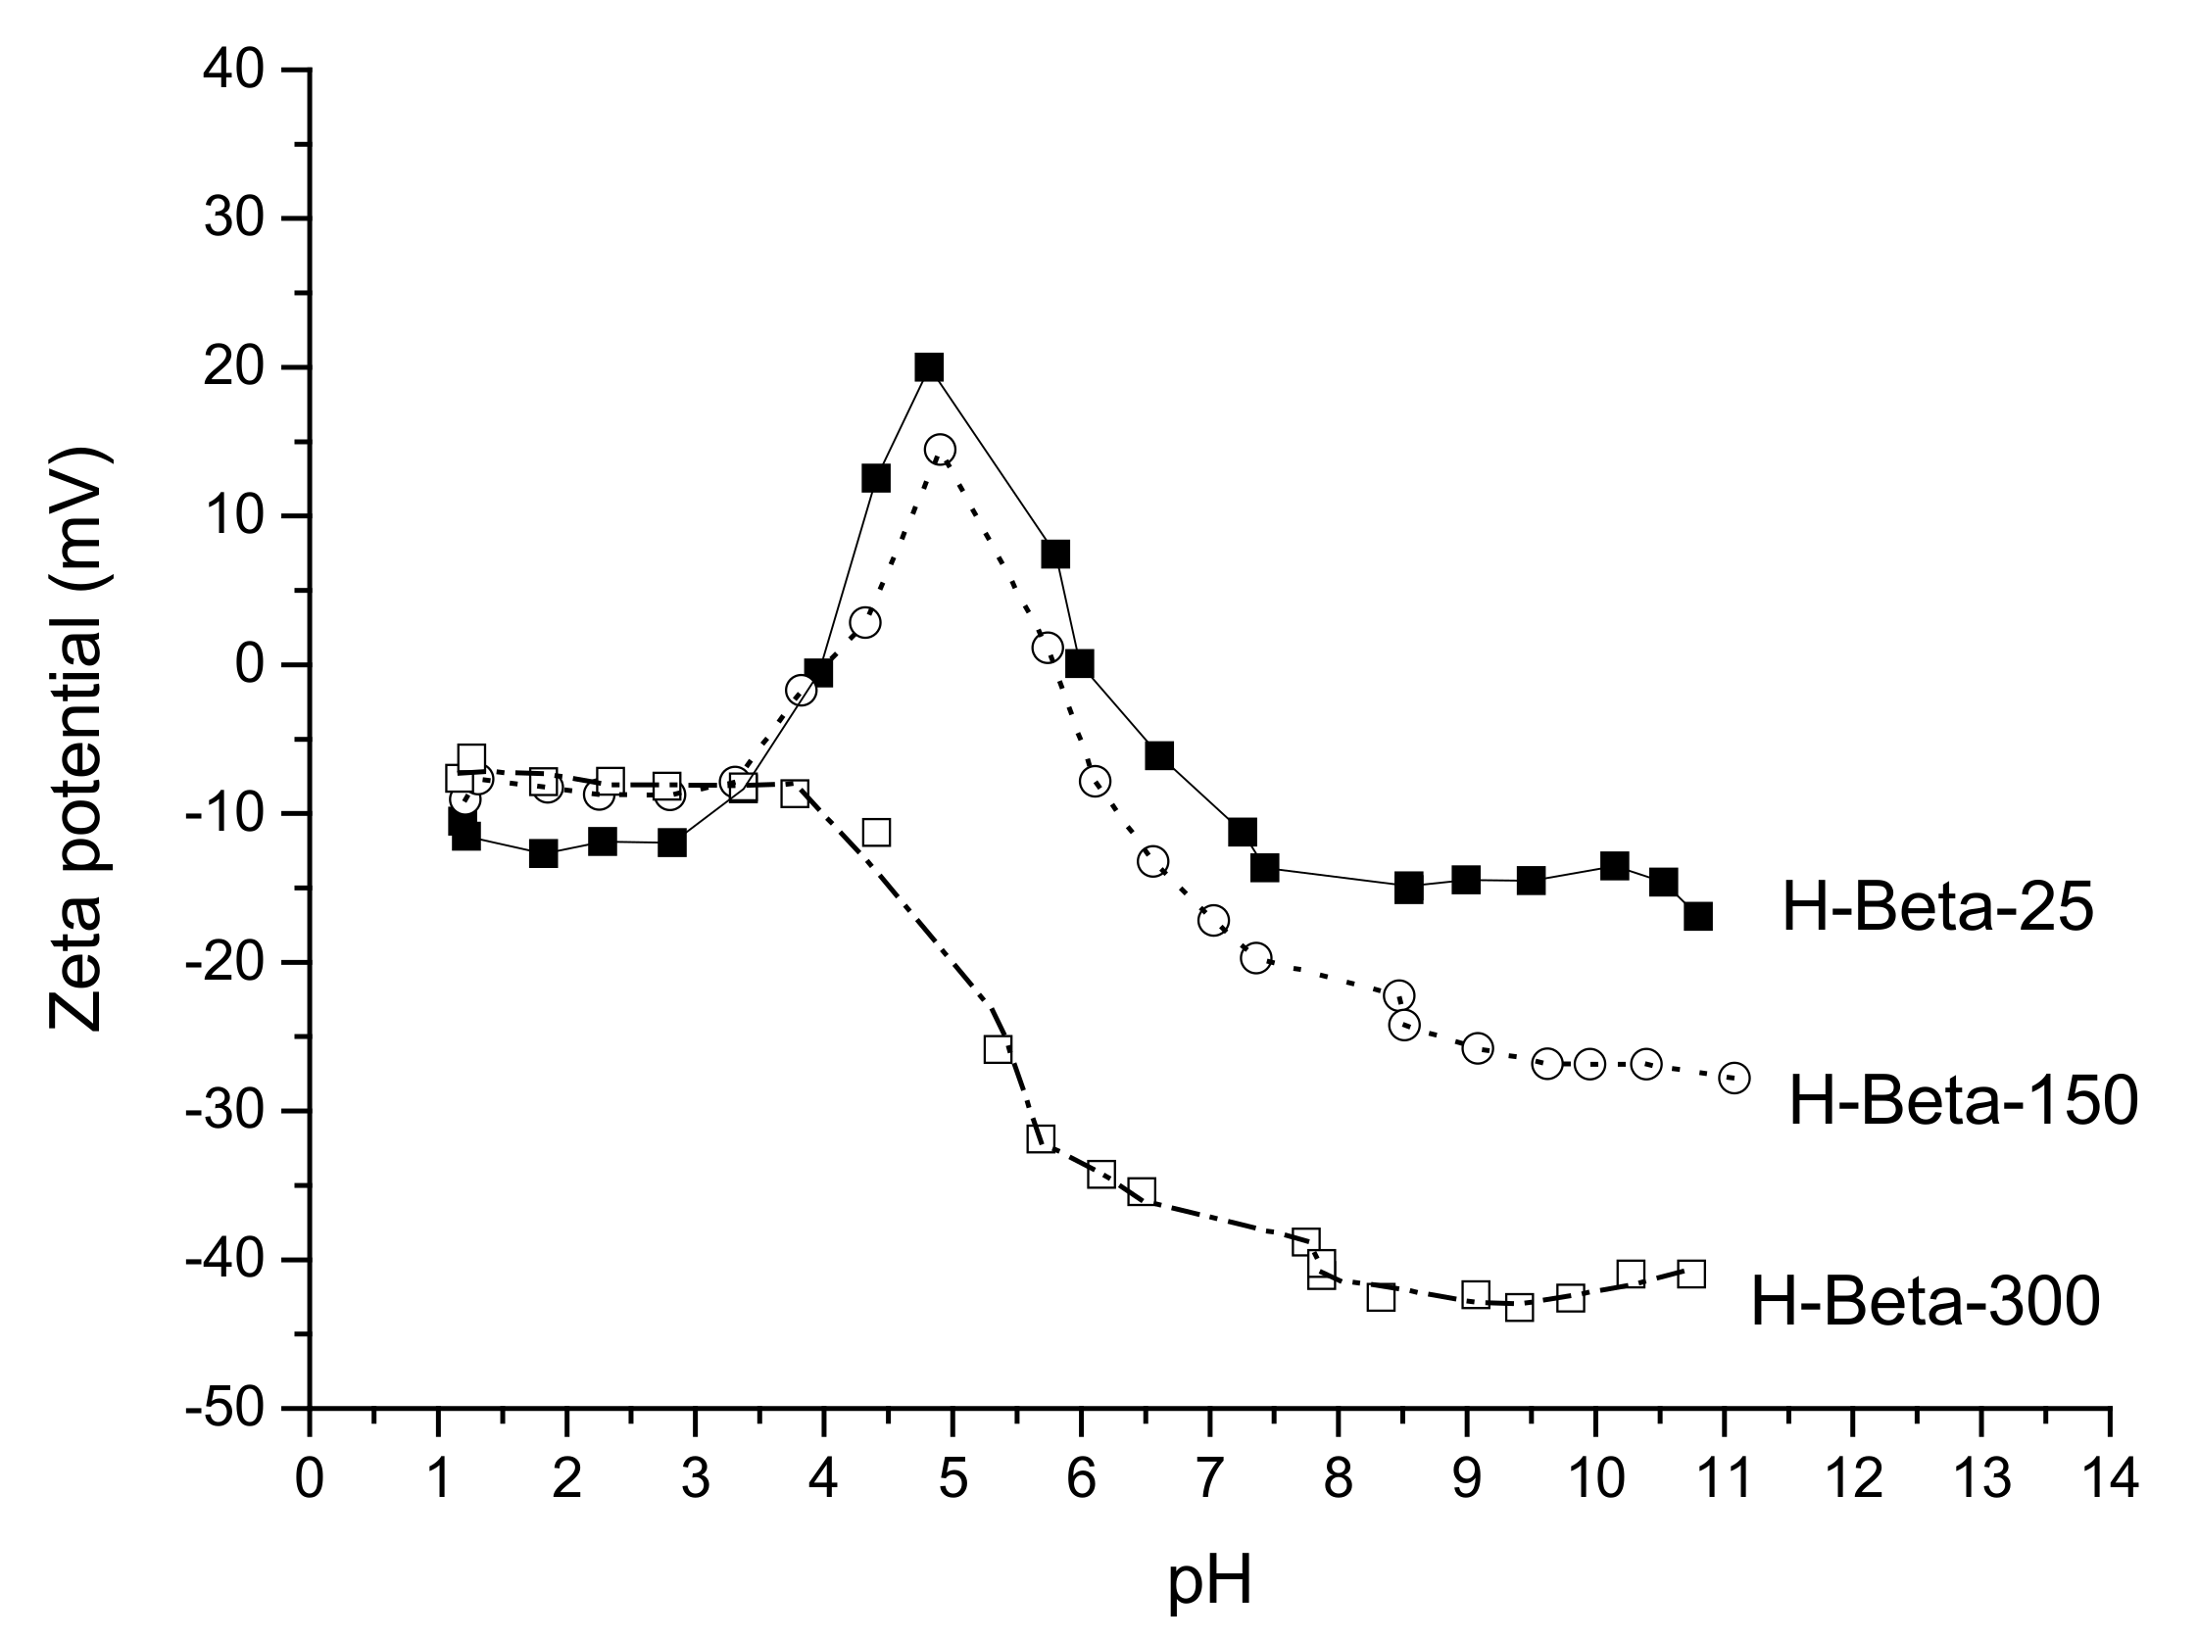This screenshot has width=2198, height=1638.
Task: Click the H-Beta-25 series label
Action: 1937,907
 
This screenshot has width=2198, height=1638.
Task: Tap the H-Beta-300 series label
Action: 1926,1302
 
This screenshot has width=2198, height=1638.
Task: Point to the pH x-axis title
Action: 1209,1582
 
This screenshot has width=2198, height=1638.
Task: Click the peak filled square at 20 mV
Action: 928,367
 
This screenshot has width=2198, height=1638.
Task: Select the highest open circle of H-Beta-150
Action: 940,450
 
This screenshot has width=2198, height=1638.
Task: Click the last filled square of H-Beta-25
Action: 1698,916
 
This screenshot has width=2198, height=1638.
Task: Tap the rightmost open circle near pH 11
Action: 1734,1078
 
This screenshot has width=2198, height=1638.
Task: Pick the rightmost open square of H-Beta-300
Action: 1691,1275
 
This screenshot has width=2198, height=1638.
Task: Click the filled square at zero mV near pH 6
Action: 1079,664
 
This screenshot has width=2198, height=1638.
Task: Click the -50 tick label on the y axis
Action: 225,1409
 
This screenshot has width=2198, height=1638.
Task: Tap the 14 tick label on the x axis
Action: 2109,1479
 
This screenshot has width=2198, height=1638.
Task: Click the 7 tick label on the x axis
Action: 1209,1479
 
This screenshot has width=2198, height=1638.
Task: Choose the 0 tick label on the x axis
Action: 310,1479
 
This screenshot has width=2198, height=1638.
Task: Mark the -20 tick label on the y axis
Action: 225,963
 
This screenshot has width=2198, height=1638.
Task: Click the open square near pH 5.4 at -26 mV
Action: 998,1049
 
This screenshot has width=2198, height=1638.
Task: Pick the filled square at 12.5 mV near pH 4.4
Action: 876,479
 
